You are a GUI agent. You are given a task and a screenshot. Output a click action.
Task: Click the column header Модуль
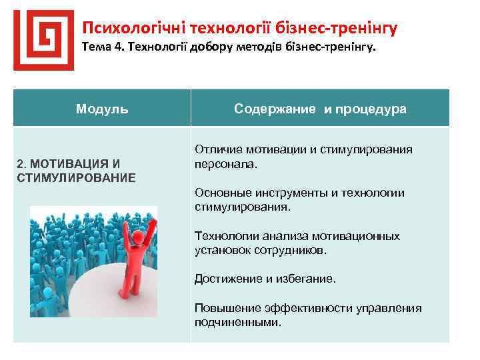tap(102, 108)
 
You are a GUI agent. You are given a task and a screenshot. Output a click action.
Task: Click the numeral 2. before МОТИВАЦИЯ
tap(21, 163)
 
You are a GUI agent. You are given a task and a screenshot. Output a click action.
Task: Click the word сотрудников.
tap(295, 250)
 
